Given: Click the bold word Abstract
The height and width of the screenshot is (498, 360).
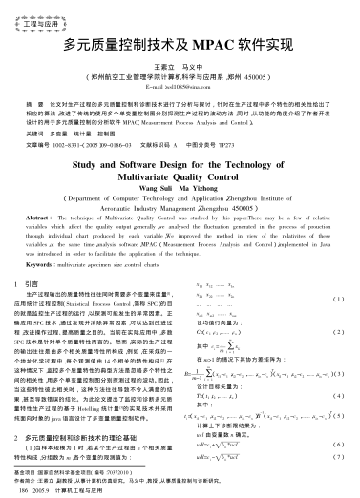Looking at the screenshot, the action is pos(44,218).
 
